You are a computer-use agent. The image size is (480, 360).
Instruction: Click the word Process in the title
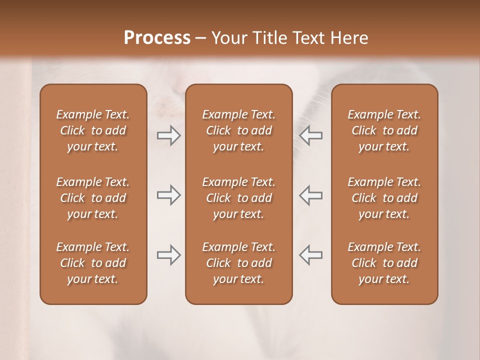(157, 38)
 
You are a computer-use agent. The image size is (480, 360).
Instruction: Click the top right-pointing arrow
(168, 135)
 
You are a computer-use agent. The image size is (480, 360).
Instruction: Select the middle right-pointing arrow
(168, 195)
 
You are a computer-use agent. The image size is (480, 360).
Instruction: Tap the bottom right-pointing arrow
(168, 255)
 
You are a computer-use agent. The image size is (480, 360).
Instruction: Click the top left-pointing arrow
(311, 135)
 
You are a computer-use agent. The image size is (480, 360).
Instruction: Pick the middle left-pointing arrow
(311, 195)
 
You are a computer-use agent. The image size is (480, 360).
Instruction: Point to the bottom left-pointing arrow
(311, 255)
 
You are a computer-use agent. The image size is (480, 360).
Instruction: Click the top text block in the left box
(93, 130)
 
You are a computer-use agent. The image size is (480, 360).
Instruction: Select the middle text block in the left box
(93, 198)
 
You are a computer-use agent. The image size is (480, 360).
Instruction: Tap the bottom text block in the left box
(93, 263)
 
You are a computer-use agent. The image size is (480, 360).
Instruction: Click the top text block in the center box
(239, 130)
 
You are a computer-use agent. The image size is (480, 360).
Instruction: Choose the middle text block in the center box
(239, 198)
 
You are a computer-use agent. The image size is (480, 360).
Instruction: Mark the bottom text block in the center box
(239, 263)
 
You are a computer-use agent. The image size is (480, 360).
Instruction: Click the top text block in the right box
(384, 130)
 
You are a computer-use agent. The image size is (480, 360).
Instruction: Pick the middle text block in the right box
(384, 198)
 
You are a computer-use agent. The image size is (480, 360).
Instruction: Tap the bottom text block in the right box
(384, 263)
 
